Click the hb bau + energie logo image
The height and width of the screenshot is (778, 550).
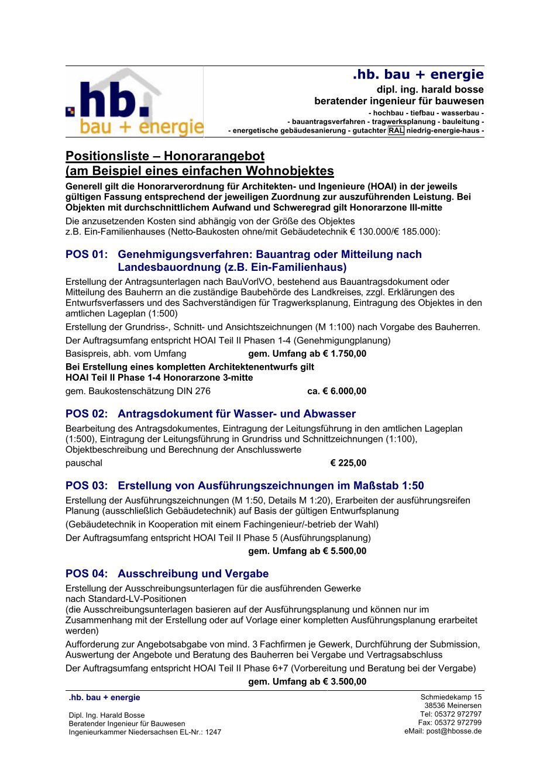pos(135,103)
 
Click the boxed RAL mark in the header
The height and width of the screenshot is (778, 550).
pos(396,131)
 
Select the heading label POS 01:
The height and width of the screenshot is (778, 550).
pos(87,254)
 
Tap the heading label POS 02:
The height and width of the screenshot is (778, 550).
pos(87,414)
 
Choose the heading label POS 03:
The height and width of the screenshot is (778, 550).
pos(87,486)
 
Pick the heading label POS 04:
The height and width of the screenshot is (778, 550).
pos(87,574)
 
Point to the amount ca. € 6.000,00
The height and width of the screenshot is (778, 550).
pos(337,391)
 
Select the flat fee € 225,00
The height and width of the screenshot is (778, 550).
pos(348,463)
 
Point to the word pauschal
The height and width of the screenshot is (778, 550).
pos(84,463)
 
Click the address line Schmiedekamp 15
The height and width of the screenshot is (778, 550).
pos(451,697)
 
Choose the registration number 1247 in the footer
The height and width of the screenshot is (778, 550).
pos(213,732)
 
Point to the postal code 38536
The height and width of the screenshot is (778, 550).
pos(435,706)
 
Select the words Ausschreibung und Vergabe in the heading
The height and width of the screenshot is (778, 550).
pos(193,574)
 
